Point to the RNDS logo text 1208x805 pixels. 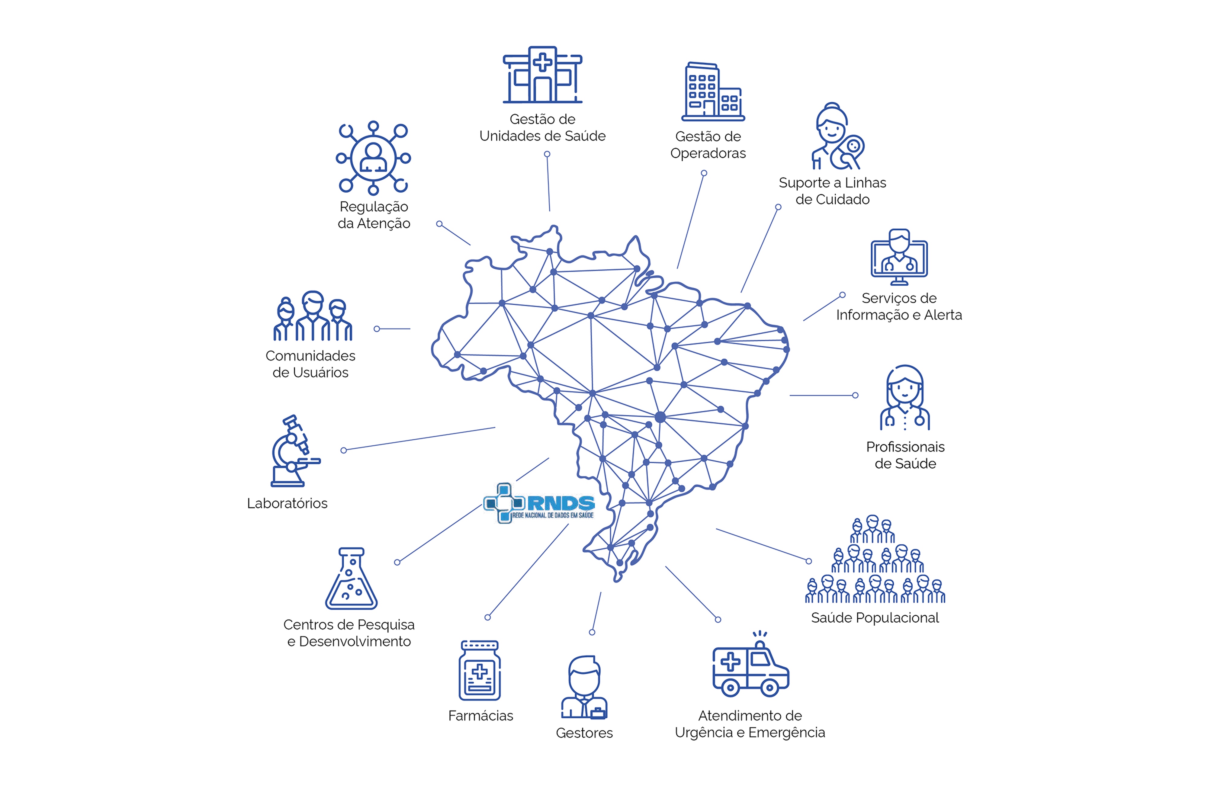click(560, 503)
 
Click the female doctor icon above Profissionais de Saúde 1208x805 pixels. click(904, 398)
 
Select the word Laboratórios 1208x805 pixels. click(287, 503)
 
